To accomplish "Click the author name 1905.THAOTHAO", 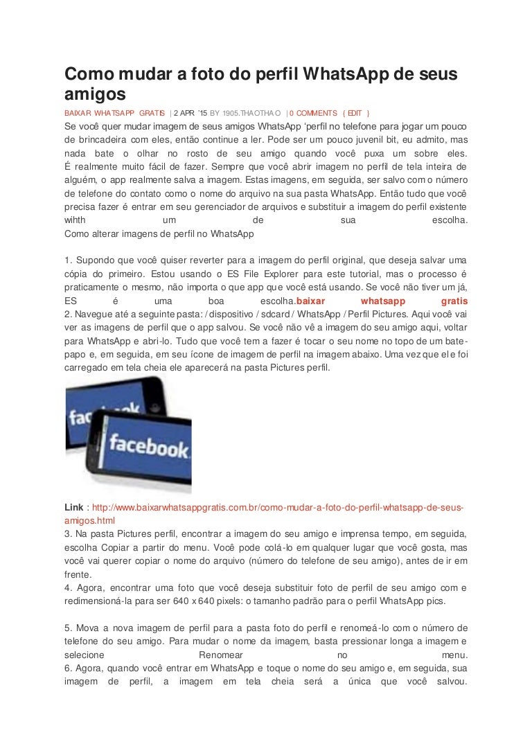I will (x=251, y=113).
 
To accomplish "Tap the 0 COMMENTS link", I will (x=313, y=113).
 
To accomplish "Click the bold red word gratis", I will (x=454, y=301).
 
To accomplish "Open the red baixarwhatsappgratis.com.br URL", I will (x=277, y=507).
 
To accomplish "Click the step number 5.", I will (x=67, y=628).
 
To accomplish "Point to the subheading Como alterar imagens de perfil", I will (x=159, y=234).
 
